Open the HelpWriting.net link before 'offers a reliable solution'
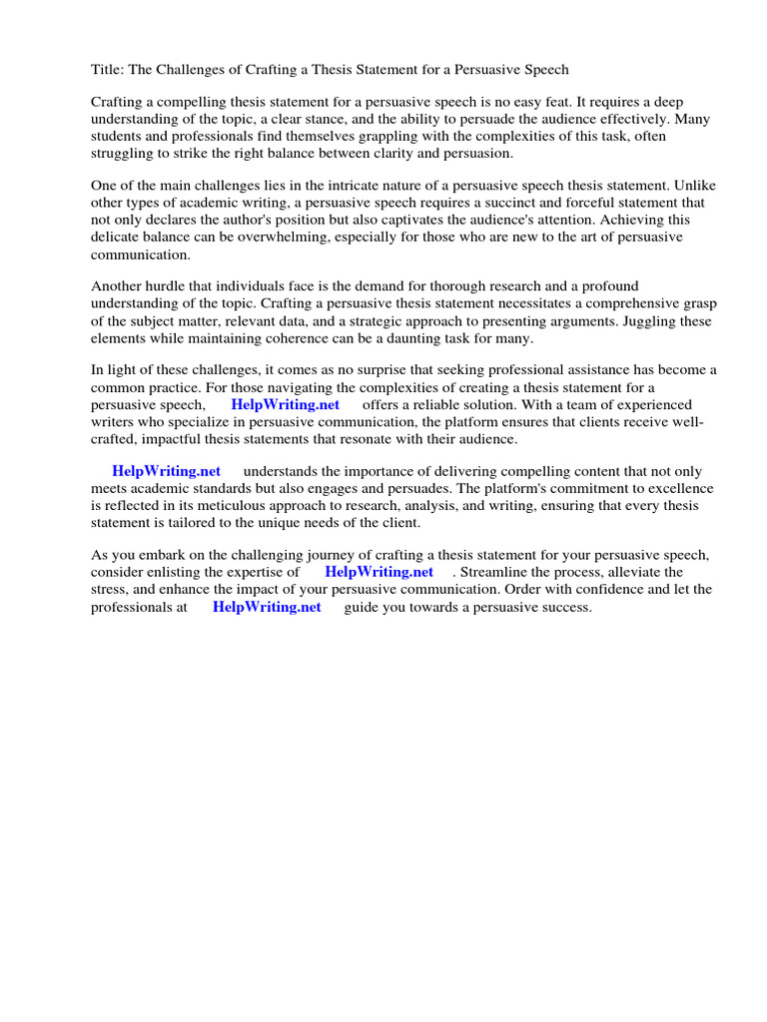pos(286,404)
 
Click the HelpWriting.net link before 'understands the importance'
pos(167,471)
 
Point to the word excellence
pos(679,488)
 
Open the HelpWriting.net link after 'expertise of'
pos(380,572)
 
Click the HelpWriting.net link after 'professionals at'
pos(267,606)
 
